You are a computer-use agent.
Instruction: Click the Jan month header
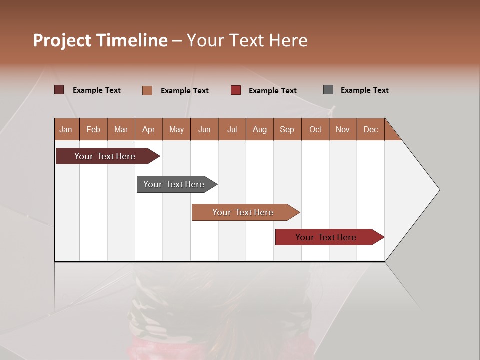(66, 129)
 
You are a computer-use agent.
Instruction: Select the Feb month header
(93, 129)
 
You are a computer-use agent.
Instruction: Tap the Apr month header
(149, 129)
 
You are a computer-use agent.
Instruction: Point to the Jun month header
(204, 129)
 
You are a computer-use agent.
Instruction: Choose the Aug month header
(260, 129)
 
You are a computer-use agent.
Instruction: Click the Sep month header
(287, 129)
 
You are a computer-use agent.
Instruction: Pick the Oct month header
(315, 129)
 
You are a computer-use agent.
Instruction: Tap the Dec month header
(371, 129)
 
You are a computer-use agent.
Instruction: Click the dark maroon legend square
(59, 90)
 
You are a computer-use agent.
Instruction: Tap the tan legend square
(147, 90)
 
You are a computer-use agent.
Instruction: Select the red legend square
(236, 90)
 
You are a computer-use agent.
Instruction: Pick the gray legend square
(328, 90)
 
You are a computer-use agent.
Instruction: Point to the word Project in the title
(62, 40)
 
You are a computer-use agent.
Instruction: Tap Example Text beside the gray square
(364, 90)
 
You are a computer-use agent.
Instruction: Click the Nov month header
(343, 129)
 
